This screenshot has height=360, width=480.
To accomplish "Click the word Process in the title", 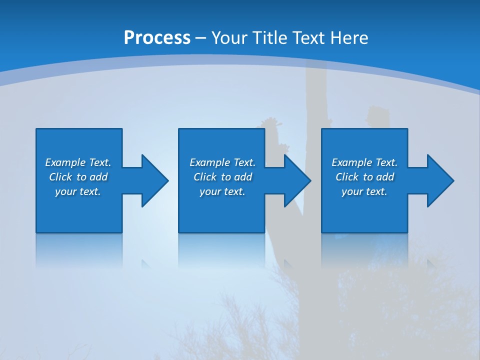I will click(x=157, y=38).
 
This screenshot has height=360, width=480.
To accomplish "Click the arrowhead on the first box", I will click(x=154, y=180).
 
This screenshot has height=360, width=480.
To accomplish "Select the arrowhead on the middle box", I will click(x=297, y=180).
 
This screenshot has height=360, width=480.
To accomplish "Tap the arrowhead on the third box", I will click(x=440, y=180).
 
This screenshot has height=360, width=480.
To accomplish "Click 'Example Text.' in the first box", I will click(x=78, y=162).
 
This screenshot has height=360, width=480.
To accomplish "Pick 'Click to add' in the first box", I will click(x=78, y=177).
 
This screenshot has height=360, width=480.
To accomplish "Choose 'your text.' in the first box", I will click(x=78, y=191).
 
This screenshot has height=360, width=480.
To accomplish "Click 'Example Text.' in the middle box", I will click(x=222, y=162).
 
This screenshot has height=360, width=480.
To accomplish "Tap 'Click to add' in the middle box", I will click(x=222, y=177).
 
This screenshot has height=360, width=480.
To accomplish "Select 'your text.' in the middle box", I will click(x=222, y=191).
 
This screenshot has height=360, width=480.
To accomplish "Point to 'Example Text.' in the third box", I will click(x=364, y=162).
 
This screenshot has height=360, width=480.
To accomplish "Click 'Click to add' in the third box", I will click(x=364, y=177).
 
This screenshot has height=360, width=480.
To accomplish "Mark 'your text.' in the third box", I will click(x=364, y=191).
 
